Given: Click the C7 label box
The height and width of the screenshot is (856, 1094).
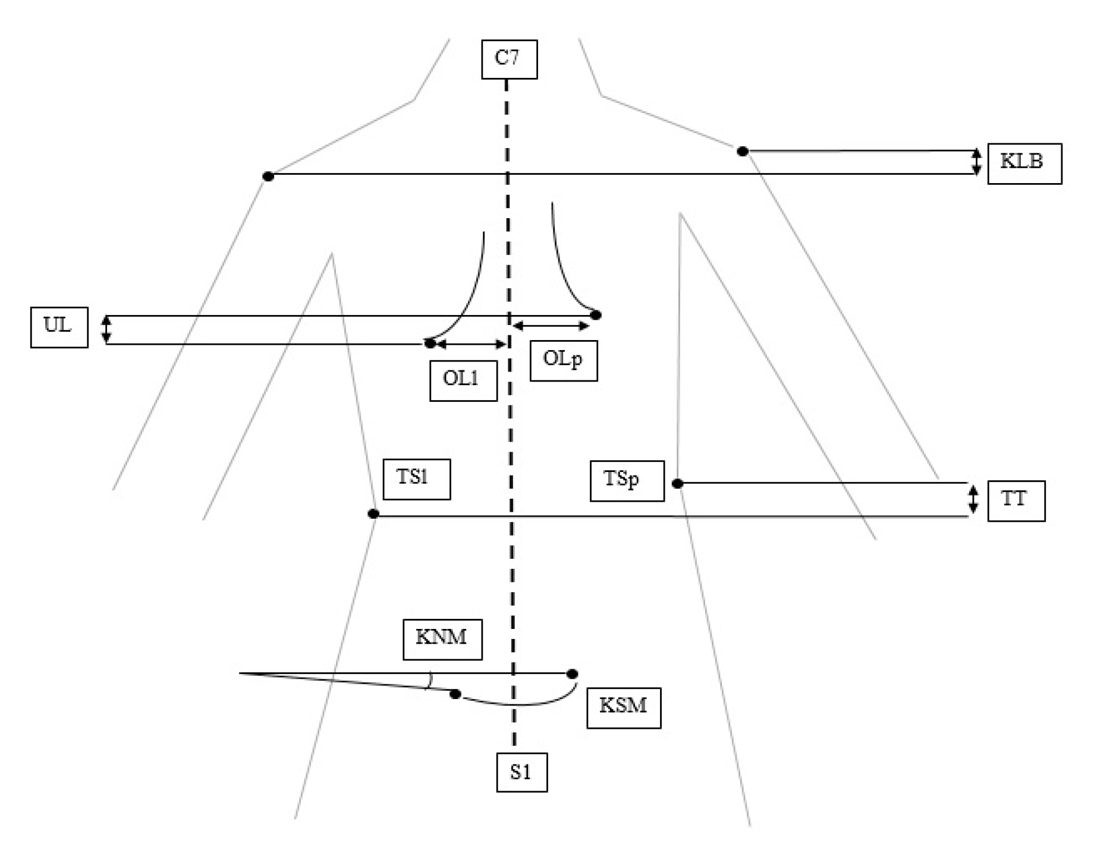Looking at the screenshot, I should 509,59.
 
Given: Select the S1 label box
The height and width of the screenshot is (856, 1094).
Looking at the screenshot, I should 521,772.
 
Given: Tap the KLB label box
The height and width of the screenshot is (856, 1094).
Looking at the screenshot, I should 1024,163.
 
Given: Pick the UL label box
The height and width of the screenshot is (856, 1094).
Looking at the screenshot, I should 59,327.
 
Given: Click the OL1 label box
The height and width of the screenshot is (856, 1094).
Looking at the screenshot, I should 463,380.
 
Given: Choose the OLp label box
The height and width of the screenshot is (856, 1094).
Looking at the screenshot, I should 563,360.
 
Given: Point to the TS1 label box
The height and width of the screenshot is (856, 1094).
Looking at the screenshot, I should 416,479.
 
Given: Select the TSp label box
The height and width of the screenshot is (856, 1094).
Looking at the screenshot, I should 627,480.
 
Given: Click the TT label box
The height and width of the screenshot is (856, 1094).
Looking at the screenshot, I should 1016,501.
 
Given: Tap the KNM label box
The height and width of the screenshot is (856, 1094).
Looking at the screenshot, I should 442,639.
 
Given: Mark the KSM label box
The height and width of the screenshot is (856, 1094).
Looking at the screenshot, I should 623,707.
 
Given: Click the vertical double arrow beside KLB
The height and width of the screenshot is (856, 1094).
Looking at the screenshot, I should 976,162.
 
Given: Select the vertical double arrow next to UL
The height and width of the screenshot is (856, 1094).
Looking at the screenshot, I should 106,329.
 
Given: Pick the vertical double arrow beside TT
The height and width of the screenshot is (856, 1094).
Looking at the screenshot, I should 973,499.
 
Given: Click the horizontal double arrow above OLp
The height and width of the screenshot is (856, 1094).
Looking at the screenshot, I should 551,326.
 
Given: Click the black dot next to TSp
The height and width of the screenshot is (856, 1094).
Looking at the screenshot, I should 677,483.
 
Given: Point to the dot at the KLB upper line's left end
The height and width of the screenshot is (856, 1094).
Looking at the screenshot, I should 742,152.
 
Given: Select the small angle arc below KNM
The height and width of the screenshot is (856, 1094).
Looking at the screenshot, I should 429,681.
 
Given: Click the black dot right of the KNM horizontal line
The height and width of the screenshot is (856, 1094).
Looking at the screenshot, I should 572,674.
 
